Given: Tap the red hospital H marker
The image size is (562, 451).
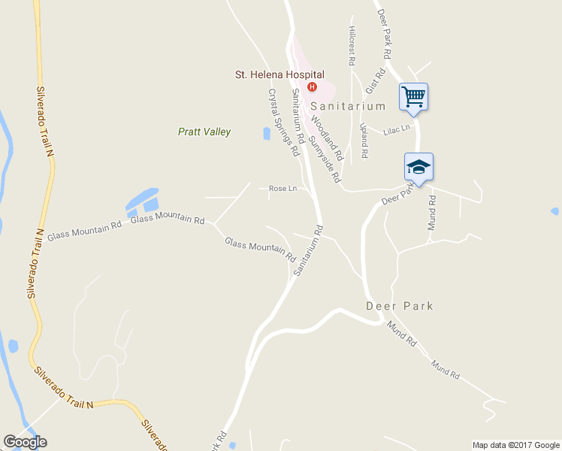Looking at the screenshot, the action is [312, 86].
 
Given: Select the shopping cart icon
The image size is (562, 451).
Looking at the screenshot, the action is [413, 97].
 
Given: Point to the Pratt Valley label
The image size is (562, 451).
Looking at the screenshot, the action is [204, 132].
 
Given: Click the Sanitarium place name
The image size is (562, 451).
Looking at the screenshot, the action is [355, 107].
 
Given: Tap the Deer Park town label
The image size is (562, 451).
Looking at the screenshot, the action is [399, 306].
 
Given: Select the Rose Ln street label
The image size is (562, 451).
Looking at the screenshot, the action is [283, 189].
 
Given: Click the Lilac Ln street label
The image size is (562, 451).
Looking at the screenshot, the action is [397, 129].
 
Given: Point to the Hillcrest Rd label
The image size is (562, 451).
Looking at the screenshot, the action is [351, 44].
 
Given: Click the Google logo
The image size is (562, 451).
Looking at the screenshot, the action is [25, 442].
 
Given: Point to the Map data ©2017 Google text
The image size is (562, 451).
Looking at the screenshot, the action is [516, 445].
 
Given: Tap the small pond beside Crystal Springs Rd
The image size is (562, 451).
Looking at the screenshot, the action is [267, 134].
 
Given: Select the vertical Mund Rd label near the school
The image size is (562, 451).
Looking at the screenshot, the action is [432, 213].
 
